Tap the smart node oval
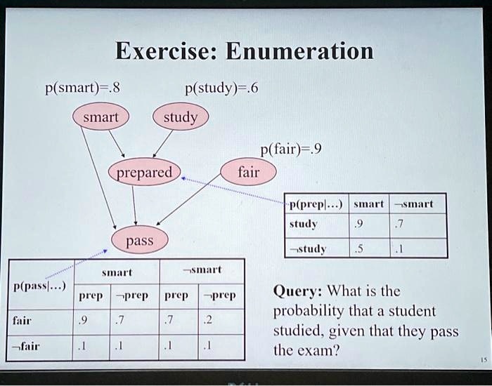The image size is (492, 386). (101, 118)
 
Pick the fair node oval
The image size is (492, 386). (248, 171)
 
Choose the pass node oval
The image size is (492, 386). (140, 241)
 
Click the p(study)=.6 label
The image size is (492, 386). (221, 88)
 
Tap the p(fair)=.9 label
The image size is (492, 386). (290, 149)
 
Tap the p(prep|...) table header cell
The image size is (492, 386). (314, 204)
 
